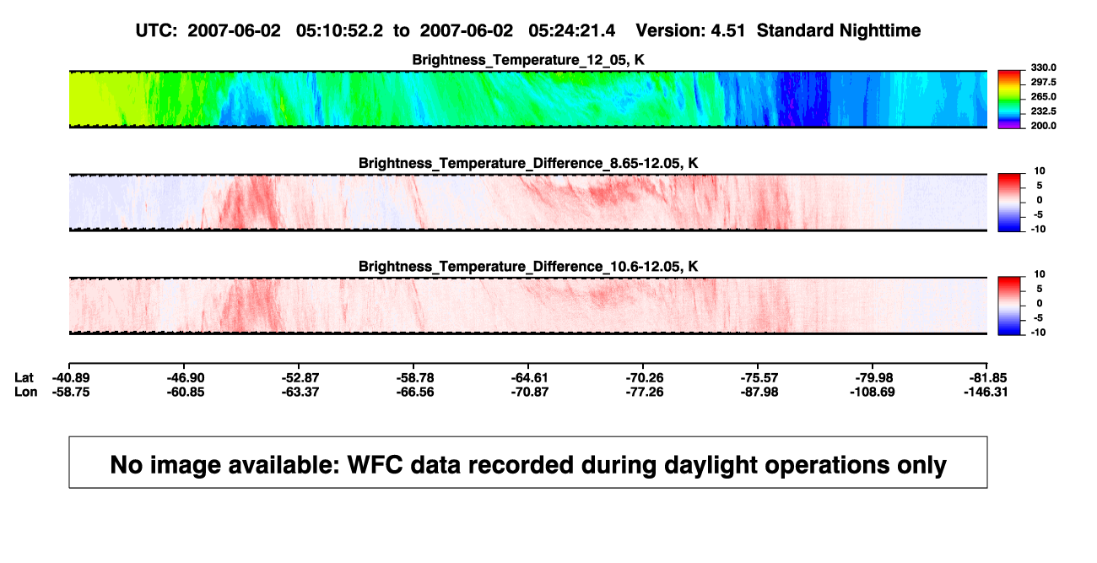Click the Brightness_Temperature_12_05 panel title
(528, 60)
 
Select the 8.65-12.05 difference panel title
(528, 163)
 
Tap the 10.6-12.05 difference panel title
(528, 267)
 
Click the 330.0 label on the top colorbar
(1043, 68)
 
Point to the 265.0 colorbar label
(1043, 96)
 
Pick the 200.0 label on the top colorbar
(1043, 126)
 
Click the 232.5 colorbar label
(1043, 111)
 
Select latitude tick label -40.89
(71, 378)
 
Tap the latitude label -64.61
(529, 378)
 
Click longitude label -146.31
(986, 392)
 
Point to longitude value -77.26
(644, 392)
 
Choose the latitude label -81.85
(988, 378)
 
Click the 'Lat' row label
(24, 378)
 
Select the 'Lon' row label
(25, 392)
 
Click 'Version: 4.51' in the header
(690, 30)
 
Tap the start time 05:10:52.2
(339, 30)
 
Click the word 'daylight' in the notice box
(709, 464)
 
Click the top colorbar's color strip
(1009, 100)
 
